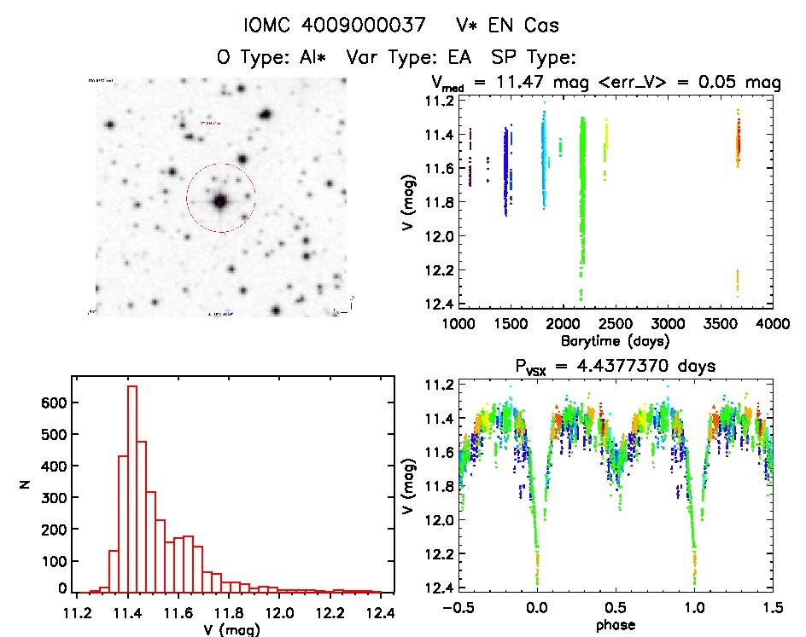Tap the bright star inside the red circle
pyautogui.click(x=220, y=201)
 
